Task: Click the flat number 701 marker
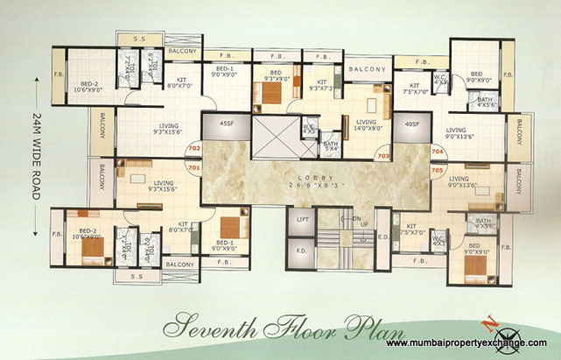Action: pyautogui.click(x=193, y=166)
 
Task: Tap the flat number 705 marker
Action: pyautogui.click(x=437, y=172)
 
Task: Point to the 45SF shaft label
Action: pyautogui.click(x=227, y=124)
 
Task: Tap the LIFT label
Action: pyautogui.click(x=303, y=219)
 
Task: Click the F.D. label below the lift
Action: pyautogui.click(x=302, y=251)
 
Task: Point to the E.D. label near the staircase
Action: pyautogui.click(x=382, y=236)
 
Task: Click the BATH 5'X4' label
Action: pyautogui.click(x=330, y=145)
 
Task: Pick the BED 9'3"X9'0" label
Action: pyautogui.click(x=275, y=78)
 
